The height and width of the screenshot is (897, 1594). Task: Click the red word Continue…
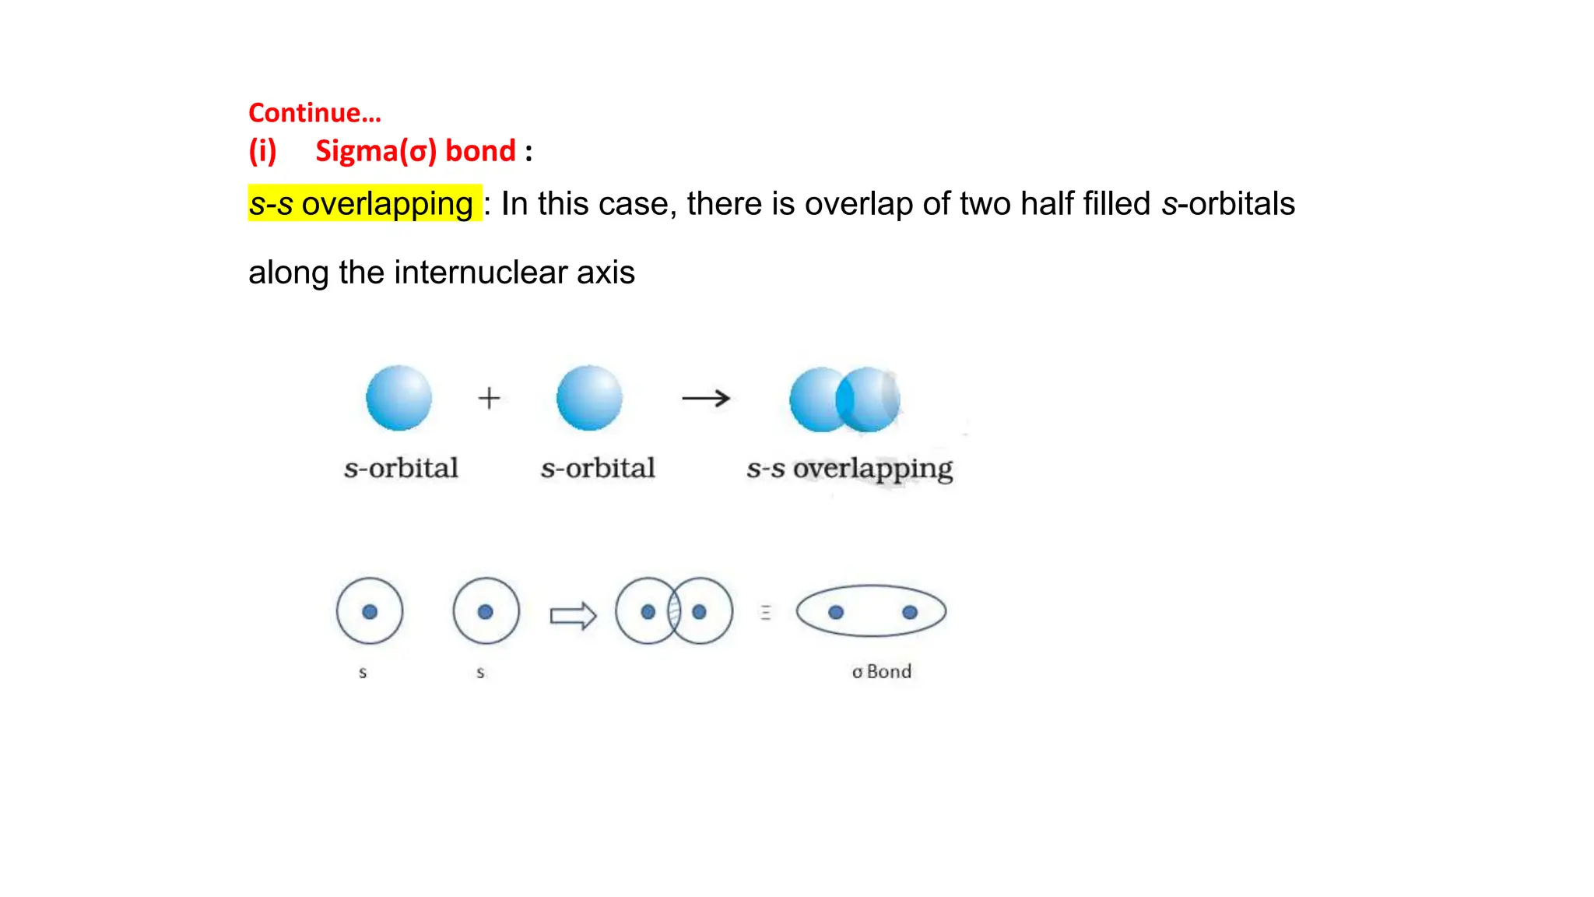[314, 113]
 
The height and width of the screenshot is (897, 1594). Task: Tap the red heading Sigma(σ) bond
[416, 150]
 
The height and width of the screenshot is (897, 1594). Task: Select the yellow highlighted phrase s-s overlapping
[362, 204]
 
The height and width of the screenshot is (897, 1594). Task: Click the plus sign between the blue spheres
[489, 398]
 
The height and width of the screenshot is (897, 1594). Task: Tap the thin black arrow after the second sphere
[705, 399]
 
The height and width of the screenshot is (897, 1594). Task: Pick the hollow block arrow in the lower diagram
[573, 616]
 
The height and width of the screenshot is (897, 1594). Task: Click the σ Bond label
[881, 671]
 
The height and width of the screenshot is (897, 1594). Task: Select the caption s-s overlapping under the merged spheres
[849, 469]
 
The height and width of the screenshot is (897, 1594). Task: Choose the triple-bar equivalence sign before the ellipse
[766, 613]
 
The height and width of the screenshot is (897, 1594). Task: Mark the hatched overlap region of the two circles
[674, 612]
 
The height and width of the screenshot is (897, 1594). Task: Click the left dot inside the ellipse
[836, 612]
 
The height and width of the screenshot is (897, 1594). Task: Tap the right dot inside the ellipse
[909, 612]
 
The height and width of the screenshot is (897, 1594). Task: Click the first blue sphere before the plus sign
[398, 398]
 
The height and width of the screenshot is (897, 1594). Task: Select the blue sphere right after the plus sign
[589, 398]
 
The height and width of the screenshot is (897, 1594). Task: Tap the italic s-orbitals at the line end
[1227, 204]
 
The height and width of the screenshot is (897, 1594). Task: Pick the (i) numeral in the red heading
[262, 150]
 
